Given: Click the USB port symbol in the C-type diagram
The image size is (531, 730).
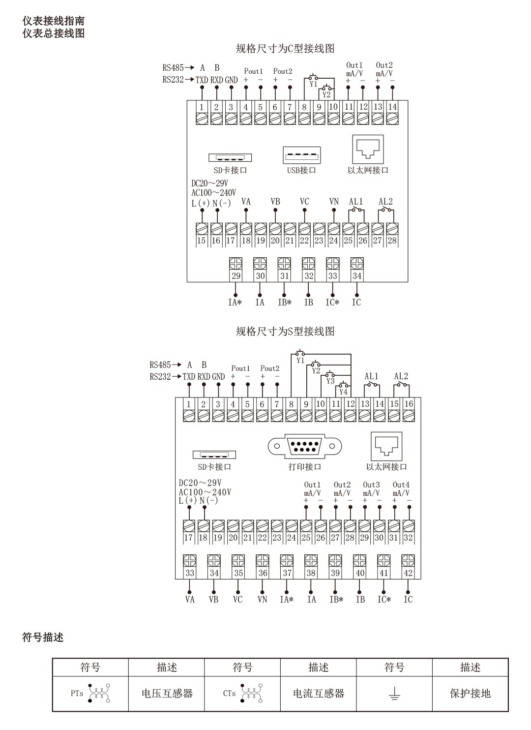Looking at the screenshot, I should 302,155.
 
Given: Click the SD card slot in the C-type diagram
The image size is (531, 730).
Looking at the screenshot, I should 230,158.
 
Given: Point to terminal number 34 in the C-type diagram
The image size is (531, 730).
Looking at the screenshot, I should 357,276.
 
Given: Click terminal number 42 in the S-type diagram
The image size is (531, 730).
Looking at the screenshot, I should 408,573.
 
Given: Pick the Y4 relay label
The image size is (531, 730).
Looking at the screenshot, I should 343,392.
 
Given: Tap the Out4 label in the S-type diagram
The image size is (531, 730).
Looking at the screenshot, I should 401,485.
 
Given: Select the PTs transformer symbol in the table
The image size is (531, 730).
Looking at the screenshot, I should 99,693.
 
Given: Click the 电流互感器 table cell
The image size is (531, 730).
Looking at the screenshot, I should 319,694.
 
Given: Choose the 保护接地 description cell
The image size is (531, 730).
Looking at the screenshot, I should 470,694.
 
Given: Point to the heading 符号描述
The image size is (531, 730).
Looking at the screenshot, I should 43,638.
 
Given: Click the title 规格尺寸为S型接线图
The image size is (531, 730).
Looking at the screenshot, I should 285,331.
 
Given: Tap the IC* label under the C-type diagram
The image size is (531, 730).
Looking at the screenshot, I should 332,303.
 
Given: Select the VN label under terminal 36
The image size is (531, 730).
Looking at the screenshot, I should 262,599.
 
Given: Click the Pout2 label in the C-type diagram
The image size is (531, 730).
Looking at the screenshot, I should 283,71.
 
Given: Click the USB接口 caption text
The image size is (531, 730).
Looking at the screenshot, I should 301,170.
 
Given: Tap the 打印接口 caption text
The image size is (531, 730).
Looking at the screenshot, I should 305,466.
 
